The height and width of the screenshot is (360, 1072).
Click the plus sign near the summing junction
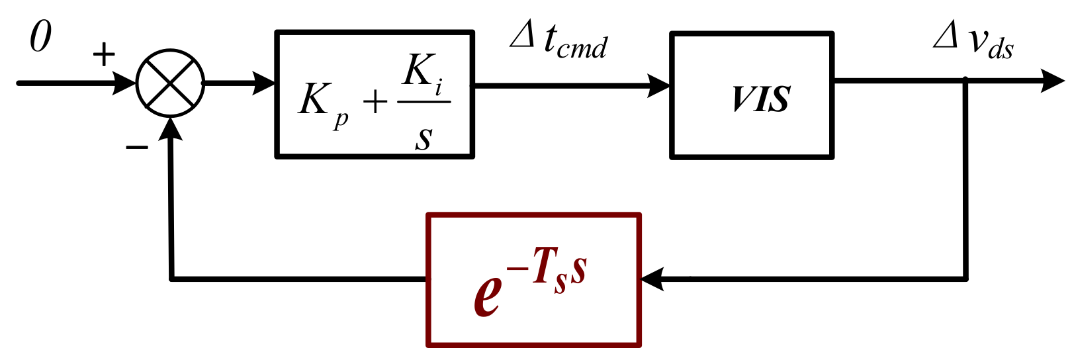click(103, 55)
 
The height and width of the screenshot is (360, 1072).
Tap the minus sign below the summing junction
click(137, 147)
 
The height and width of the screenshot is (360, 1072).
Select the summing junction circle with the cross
click(171, 83)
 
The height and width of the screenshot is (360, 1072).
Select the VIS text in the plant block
click(761, 99)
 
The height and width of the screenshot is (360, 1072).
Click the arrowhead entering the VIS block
click(659, 85)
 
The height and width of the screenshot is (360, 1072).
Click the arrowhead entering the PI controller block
click(265, 83)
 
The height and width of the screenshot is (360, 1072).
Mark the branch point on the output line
click(965, 81)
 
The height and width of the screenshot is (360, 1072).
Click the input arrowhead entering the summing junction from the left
click(125, 83)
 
